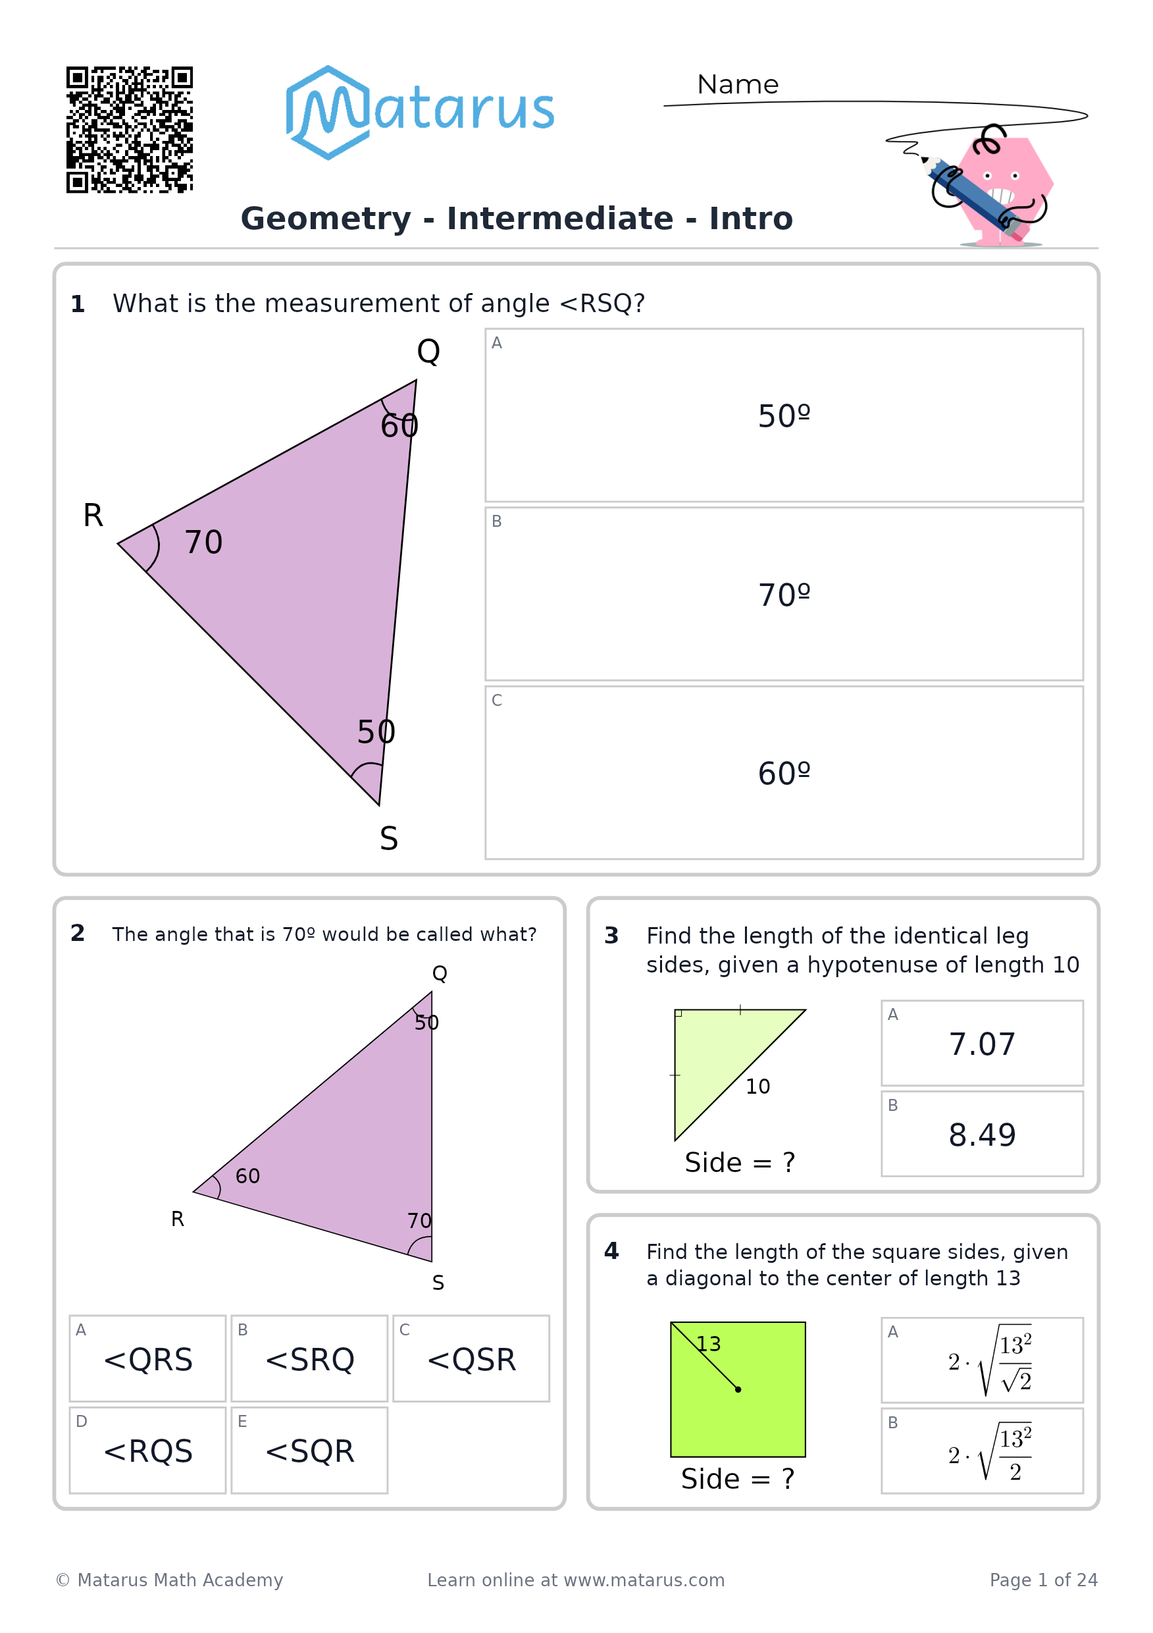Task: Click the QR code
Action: tap(130, 130)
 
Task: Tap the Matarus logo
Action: tap(419, 113)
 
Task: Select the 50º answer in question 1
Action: tap(784, 415)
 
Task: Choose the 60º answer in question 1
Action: tap(784, 773)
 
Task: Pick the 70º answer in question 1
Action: tap(784, 595)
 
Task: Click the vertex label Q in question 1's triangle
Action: tap(428, 352)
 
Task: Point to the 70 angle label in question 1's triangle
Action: tap(203, 543)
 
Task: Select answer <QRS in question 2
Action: tap(148, 1358)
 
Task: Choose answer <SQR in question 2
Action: tap(309, 1450)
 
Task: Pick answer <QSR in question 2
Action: tap(471, 1358)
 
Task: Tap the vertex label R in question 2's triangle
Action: tap(178, 1219)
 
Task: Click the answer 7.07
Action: tap(983, 1044)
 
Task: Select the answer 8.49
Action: tap(983, 1135)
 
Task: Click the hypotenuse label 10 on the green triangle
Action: tap(757, 1086)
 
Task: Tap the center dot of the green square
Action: tap(738, 1389)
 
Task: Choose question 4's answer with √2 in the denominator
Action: tap(983, 1360)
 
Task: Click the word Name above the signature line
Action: tap(738, 85)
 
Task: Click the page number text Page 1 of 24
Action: tap(1044, 1580)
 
